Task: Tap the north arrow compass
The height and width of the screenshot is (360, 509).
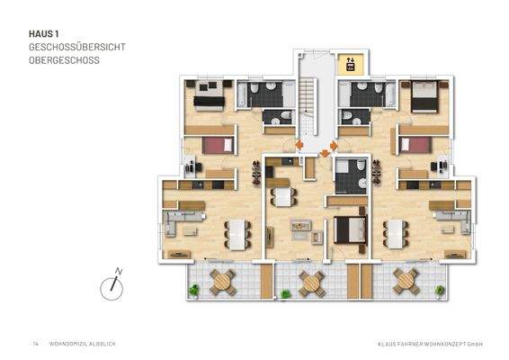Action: pyautogui.click(x=112, y=283)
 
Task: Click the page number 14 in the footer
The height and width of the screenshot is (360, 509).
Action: pyautogui.click(x=35, y=344)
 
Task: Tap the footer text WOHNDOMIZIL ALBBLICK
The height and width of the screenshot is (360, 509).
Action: pyautogui.click(x=82, y=344)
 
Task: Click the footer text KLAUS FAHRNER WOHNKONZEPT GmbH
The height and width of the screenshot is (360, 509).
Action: pyautogui.click(x=430, y=344)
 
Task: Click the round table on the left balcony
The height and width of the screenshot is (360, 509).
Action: pyautogui.click(x=222, y=282)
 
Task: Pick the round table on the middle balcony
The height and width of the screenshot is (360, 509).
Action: pyautogui.click(x=311, y=282)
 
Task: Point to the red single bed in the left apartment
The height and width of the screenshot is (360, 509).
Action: pyautogui.click(x=217, y=144)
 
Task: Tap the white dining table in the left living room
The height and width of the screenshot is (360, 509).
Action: pyautogui.click(x=236, y=233)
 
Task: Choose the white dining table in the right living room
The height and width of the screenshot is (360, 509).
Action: pyautogui.click(x=396, y=233)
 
